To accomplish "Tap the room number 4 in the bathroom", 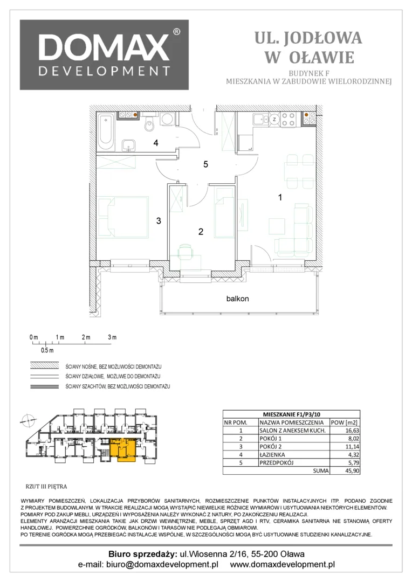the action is [x=156, y=143].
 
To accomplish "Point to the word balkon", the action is [x=237, y=299].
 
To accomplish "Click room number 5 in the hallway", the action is [x=205, y=164].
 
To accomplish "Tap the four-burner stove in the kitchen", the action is [x=289, y=119].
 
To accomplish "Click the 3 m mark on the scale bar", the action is [x=112, y=337].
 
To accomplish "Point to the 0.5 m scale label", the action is [x=47, y=350].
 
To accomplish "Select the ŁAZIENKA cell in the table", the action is [x=272, y=455].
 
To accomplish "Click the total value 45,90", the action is [x=352, y=470].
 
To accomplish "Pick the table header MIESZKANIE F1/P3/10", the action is [x=291, y=414].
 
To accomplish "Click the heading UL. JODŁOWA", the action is [x=308, y=38].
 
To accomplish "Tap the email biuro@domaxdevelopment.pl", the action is [x=162, y=565].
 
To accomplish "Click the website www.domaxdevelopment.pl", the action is [x=283, y=565].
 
